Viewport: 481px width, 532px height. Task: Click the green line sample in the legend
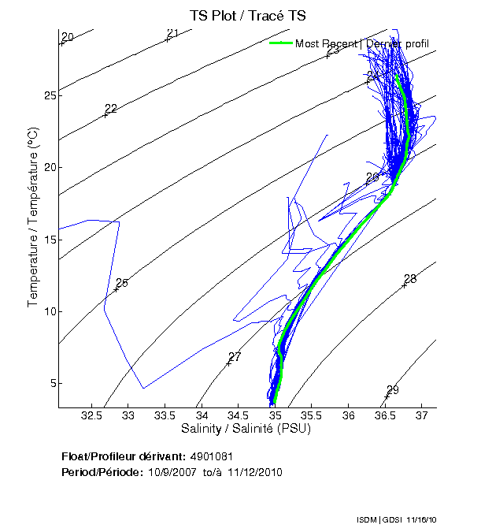click(280, 43)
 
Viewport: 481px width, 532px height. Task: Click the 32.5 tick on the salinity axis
click(92, 415)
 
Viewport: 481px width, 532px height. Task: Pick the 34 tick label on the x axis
click(202, 415)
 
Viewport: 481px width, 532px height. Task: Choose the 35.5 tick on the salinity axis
click(312, 415)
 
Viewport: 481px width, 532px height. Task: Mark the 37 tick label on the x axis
click(422, 415)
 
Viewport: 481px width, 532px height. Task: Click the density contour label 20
click(68, 37)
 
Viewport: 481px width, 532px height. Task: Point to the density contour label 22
click(111, 109)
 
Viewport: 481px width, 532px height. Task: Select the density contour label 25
click(121, 283)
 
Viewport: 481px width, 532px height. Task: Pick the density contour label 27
click(235, 357)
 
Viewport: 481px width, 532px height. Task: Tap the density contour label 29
click(393, 390)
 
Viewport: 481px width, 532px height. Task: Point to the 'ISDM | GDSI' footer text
click(374, 520)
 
